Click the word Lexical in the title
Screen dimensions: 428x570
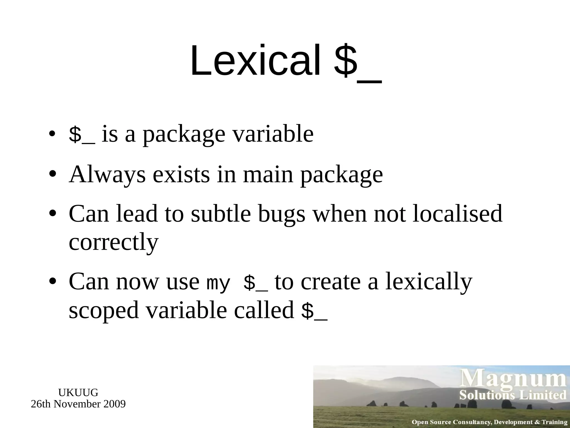(255, 61)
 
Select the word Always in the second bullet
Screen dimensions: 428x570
(107, 175)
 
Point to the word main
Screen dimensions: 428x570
(268, 175)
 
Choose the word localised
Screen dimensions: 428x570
(457, 214)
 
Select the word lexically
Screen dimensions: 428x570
(429, 282)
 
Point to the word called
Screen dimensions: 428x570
(264, 310)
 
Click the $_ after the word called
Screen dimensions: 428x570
(314, 312)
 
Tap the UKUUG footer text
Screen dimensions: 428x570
(78, 393)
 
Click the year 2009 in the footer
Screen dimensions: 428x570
(114, 404)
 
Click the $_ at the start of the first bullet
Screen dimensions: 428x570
(82, 135)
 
